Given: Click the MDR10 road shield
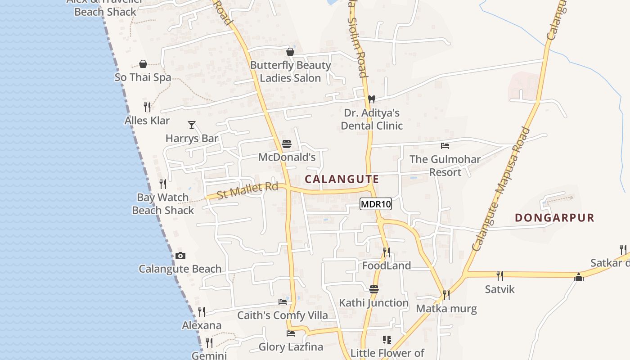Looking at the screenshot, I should [x=376, y=204].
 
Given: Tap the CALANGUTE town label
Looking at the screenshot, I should [x=342, y=179].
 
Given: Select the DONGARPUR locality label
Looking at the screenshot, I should [x=554, y=218].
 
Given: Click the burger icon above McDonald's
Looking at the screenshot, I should [x=287, y=144].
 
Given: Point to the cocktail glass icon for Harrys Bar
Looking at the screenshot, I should [x=192, y=125].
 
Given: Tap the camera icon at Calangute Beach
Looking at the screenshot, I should [x=180, y=256].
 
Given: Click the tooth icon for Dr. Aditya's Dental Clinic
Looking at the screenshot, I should [x=372, y=99].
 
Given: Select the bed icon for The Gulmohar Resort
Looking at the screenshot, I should [x=445, y=145].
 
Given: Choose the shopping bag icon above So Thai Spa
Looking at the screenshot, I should [x=143, y=64].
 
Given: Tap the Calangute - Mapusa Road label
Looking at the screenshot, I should [x=501, y=189].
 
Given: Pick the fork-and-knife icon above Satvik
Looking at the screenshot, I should [x=499, y=275].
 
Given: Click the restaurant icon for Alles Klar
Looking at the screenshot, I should [x=147, y=107].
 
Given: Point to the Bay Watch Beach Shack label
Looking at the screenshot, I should [x=163, y=203].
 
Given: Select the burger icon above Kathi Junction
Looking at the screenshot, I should [x=374, y=289].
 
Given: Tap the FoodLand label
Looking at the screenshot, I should [x=387, y=265].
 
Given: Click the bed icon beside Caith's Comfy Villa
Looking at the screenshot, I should [x=283, y=301].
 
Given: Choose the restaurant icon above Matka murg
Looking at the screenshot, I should [x=446, y=295].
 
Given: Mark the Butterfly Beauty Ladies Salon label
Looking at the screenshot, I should [x=290, y=72].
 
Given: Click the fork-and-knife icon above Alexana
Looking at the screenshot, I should [x=202, y=311].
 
